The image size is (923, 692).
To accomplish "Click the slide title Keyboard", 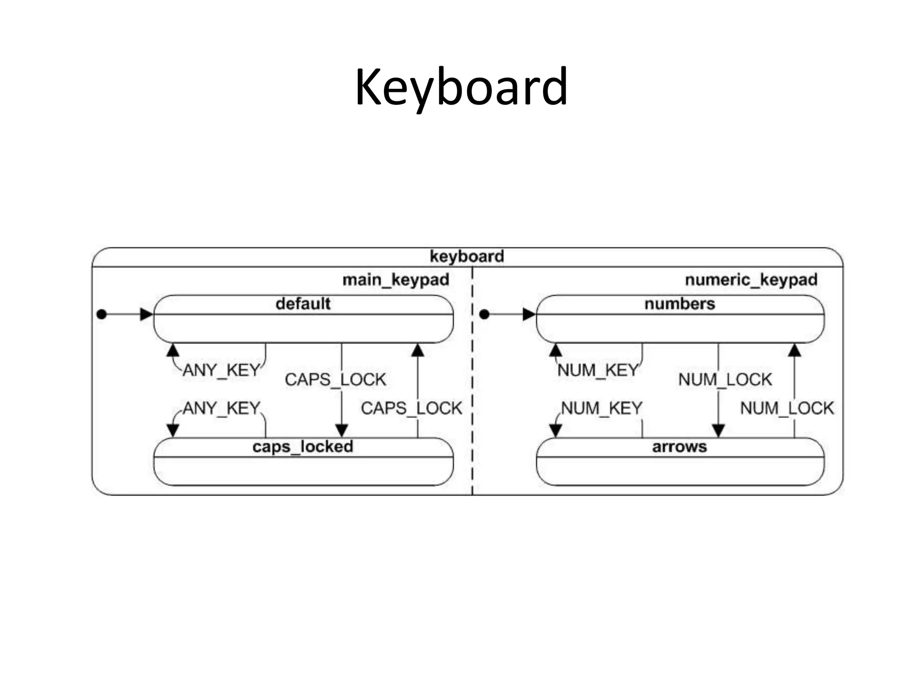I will (461, 87).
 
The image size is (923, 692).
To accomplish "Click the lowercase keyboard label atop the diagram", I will (466, 256).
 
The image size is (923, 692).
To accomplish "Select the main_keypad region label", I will (396, 280).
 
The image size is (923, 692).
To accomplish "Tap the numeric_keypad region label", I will (751, 280).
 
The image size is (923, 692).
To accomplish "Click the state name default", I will (303, 304).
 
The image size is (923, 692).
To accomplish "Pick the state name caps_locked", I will (303, 447).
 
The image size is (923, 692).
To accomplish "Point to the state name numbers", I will (680, 304).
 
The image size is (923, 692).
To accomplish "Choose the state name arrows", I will (680, 447).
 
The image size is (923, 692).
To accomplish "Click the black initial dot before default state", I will (102, 314).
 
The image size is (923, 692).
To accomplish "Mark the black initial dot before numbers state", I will (484, 314).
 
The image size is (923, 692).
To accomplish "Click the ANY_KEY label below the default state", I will (221, 370).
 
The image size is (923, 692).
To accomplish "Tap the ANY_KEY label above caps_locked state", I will (221, 408).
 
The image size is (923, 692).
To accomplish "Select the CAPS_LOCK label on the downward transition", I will (335, 379).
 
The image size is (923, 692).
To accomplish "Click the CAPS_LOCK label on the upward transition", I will (411, 408).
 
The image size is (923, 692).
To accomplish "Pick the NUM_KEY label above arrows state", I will (601, 408).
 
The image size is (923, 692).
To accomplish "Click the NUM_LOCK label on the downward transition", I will (725, 379).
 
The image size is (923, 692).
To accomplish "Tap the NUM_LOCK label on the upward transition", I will (787, 408).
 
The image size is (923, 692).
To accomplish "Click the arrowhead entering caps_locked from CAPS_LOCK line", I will (342, 431).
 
